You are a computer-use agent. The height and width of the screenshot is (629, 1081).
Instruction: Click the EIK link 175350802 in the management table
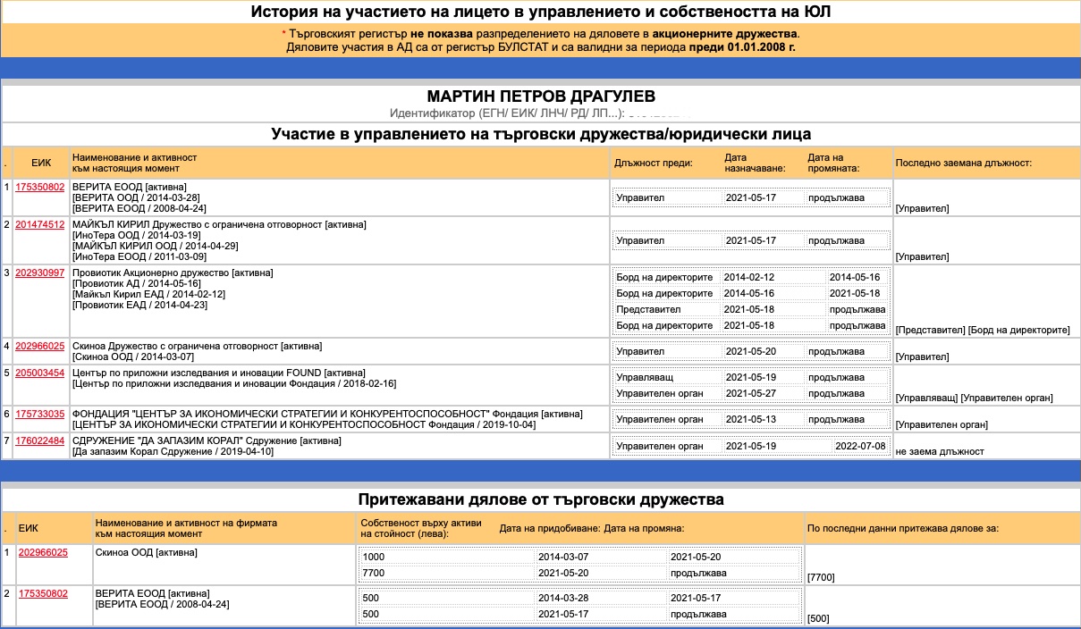pyautogui.click(x=41, y=187)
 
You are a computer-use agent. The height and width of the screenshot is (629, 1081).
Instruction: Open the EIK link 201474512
pyautogui.click(x=41, y=224)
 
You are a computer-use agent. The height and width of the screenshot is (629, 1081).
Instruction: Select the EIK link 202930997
pyautogui.click(x=41, y=273)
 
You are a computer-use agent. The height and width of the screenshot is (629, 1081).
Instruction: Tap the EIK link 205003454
pyautogui.click(x=41, y=373)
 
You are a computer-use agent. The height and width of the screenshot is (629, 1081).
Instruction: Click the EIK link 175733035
pyautogui.click(x=41, y=414)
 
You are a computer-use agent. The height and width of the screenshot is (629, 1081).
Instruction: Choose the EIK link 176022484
pyautogui.click(x=41, y=440)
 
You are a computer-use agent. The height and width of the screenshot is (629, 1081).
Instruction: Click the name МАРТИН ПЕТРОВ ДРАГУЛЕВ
pyautogui.click(x=540, y=96)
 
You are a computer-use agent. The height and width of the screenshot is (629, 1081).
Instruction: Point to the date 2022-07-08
pyautogui.click(x=859, y=446)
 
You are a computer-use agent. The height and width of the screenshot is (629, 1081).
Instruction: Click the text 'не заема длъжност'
pyautogui.click(x=939, y=451)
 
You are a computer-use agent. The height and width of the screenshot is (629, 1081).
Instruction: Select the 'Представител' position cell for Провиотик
pyautogui.click(x=642, y=309)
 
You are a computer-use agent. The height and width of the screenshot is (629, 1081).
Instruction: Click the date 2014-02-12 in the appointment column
pyautogui.click(x=748, y=277)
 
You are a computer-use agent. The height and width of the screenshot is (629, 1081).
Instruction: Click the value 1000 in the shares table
pyautogui.click(x=375, y=556)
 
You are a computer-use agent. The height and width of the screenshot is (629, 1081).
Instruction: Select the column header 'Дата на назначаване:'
pyautogui.click(x=755, y=163)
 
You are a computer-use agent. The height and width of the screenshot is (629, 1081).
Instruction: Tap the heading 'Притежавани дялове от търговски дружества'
pyautogui.click(x=540, y=499)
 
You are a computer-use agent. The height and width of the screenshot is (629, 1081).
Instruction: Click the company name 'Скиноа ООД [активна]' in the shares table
pyautogui.click(x=146, y=552)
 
